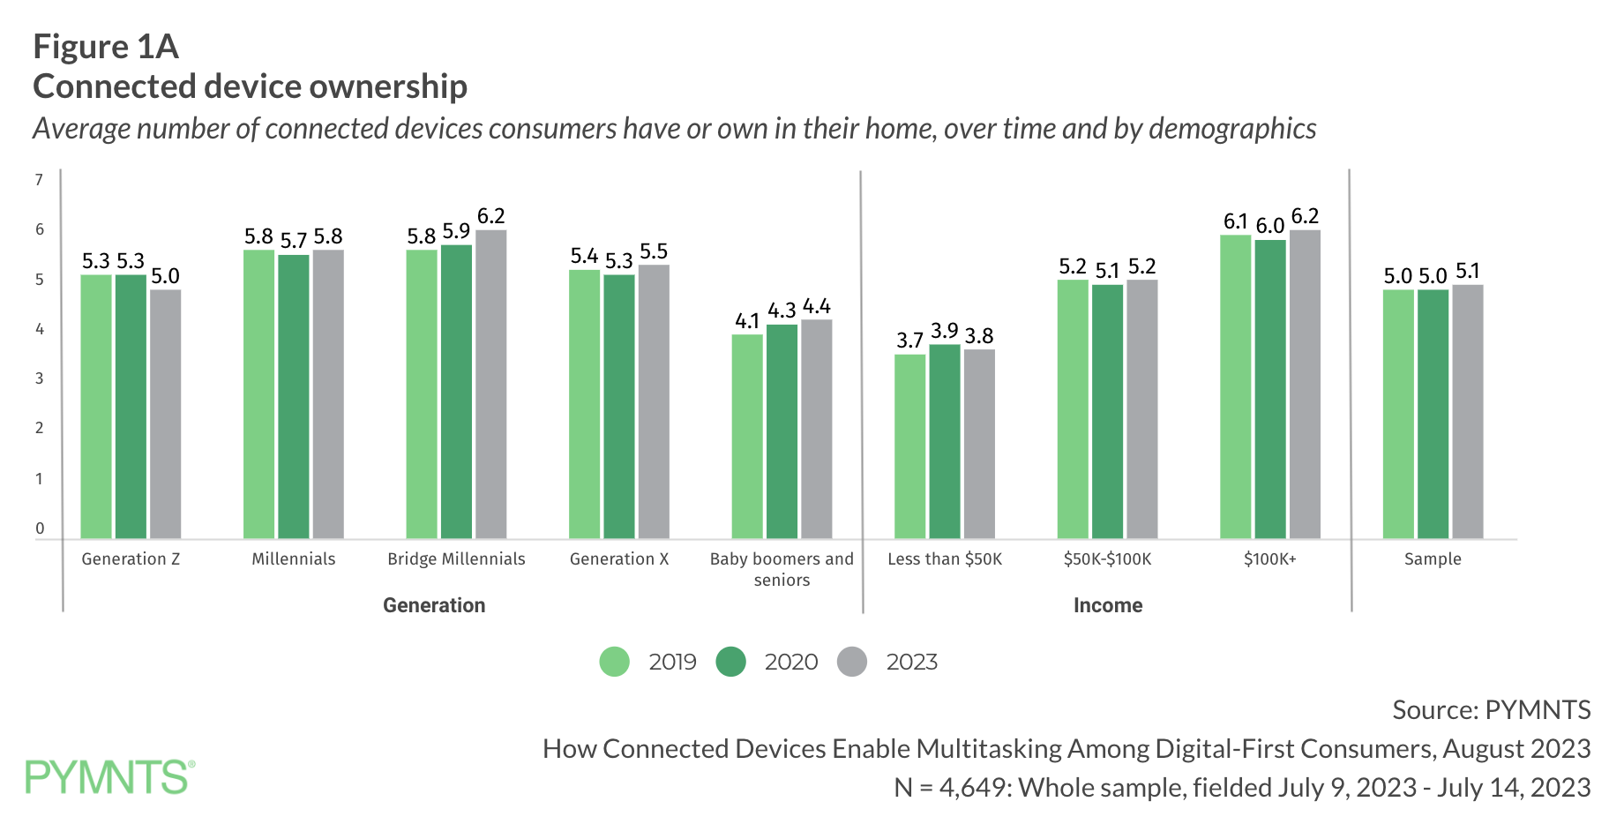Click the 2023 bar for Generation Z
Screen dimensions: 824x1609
(165, 414)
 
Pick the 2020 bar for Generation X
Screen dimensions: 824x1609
(618, 407)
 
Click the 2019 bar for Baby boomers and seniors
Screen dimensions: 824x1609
(747, 436)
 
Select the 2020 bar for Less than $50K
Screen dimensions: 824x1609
(944, 441)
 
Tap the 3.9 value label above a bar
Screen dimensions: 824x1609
(944, 330)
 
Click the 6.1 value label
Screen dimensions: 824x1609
(1235, 221)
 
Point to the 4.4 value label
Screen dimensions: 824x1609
(817, 306)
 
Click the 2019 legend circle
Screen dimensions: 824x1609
(614, 662)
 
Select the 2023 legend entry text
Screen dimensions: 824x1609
(911, 662)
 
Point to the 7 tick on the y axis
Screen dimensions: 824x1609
(39, 180)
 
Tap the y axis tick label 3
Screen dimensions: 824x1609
(39, 378)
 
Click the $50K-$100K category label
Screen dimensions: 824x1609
(1107, 558)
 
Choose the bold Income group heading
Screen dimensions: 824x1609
(1107, 605)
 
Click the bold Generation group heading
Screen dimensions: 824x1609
(433, 605)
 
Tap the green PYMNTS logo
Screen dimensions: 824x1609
(109, 777)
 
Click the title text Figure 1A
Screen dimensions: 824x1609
(106, 47)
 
